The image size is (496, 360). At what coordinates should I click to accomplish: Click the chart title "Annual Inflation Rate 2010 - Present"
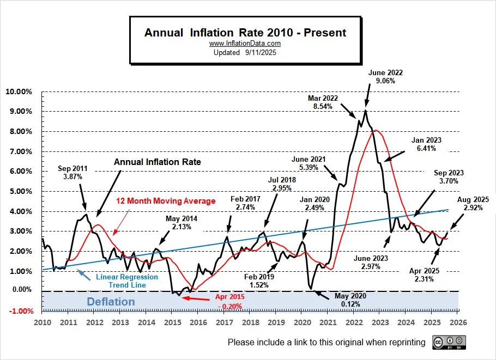[x=245, y=33]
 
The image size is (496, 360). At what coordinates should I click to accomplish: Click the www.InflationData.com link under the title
[x=245, y=44]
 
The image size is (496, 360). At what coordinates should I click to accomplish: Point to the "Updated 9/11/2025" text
[x=245, y=52]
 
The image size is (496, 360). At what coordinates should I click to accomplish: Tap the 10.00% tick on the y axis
[x=19, y=91]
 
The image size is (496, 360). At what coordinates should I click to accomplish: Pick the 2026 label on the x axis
[x=458, y=322]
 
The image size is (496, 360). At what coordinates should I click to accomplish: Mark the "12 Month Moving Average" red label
[x=166, y=201]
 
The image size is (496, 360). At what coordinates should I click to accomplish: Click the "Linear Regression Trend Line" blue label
[x=127, y=281]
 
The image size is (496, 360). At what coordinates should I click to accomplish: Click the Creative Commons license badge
[x=444, y=342]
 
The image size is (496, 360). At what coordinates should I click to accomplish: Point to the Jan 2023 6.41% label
[x=426, y=144]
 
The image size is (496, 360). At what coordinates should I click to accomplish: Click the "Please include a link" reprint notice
[x=326, y=343]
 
